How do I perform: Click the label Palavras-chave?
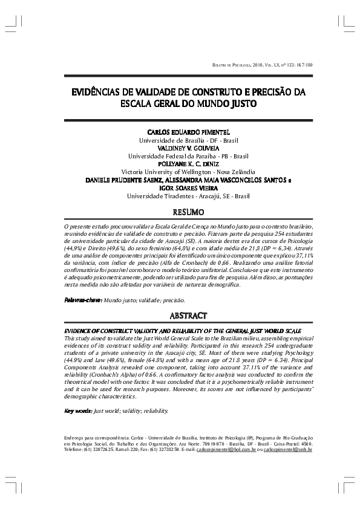point(83,300)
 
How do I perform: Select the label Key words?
point(78,411)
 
